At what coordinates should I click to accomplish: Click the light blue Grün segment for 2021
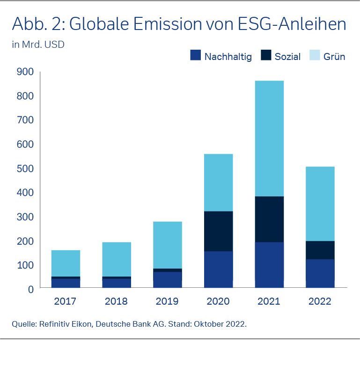pyautogui.click(x=269, y=138)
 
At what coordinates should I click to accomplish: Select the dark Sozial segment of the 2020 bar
pyautogui.click(x=218, y=231)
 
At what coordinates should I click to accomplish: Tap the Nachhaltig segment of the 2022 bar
pyautogui.click(x=321, y=273)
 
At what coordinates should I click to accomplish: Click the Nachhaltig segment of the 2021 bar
pyautogui.click(x=269, y=264)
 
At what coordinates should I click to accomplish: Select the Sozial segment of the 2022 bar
pyautogui.click(x=321, y=250)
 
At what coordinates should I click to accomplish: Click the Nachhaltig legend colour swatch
pyautogui.click(x=195, y=56)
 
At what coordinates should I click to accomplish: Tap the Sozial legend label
pyautogui.click(x=287, y=57)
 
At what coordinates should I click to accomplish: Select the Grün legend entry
pyautogui.click(x=334, y=57)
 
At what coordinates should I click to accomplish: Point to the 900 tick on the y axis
pyautogui.click(x=24, y=72)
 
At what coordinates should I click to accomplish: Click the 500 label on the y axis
pyautogui.click(x=24, y=168)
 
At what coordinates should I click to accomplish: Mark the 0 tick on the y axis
pyautogui.click(x=30, y=289)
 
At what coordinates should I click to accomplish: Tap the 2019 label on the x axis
pyautogui.click(x=168, y=301)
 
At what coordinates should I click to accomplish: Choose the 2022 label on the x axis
pyautogui.click(x=320, y=301)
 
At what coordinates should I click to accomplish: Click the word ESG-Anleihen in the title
pyautogui.click(x=290, y=24)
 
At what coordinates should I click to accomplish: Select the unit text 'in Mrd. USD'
pyautogui.click(x=38, y=45)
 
